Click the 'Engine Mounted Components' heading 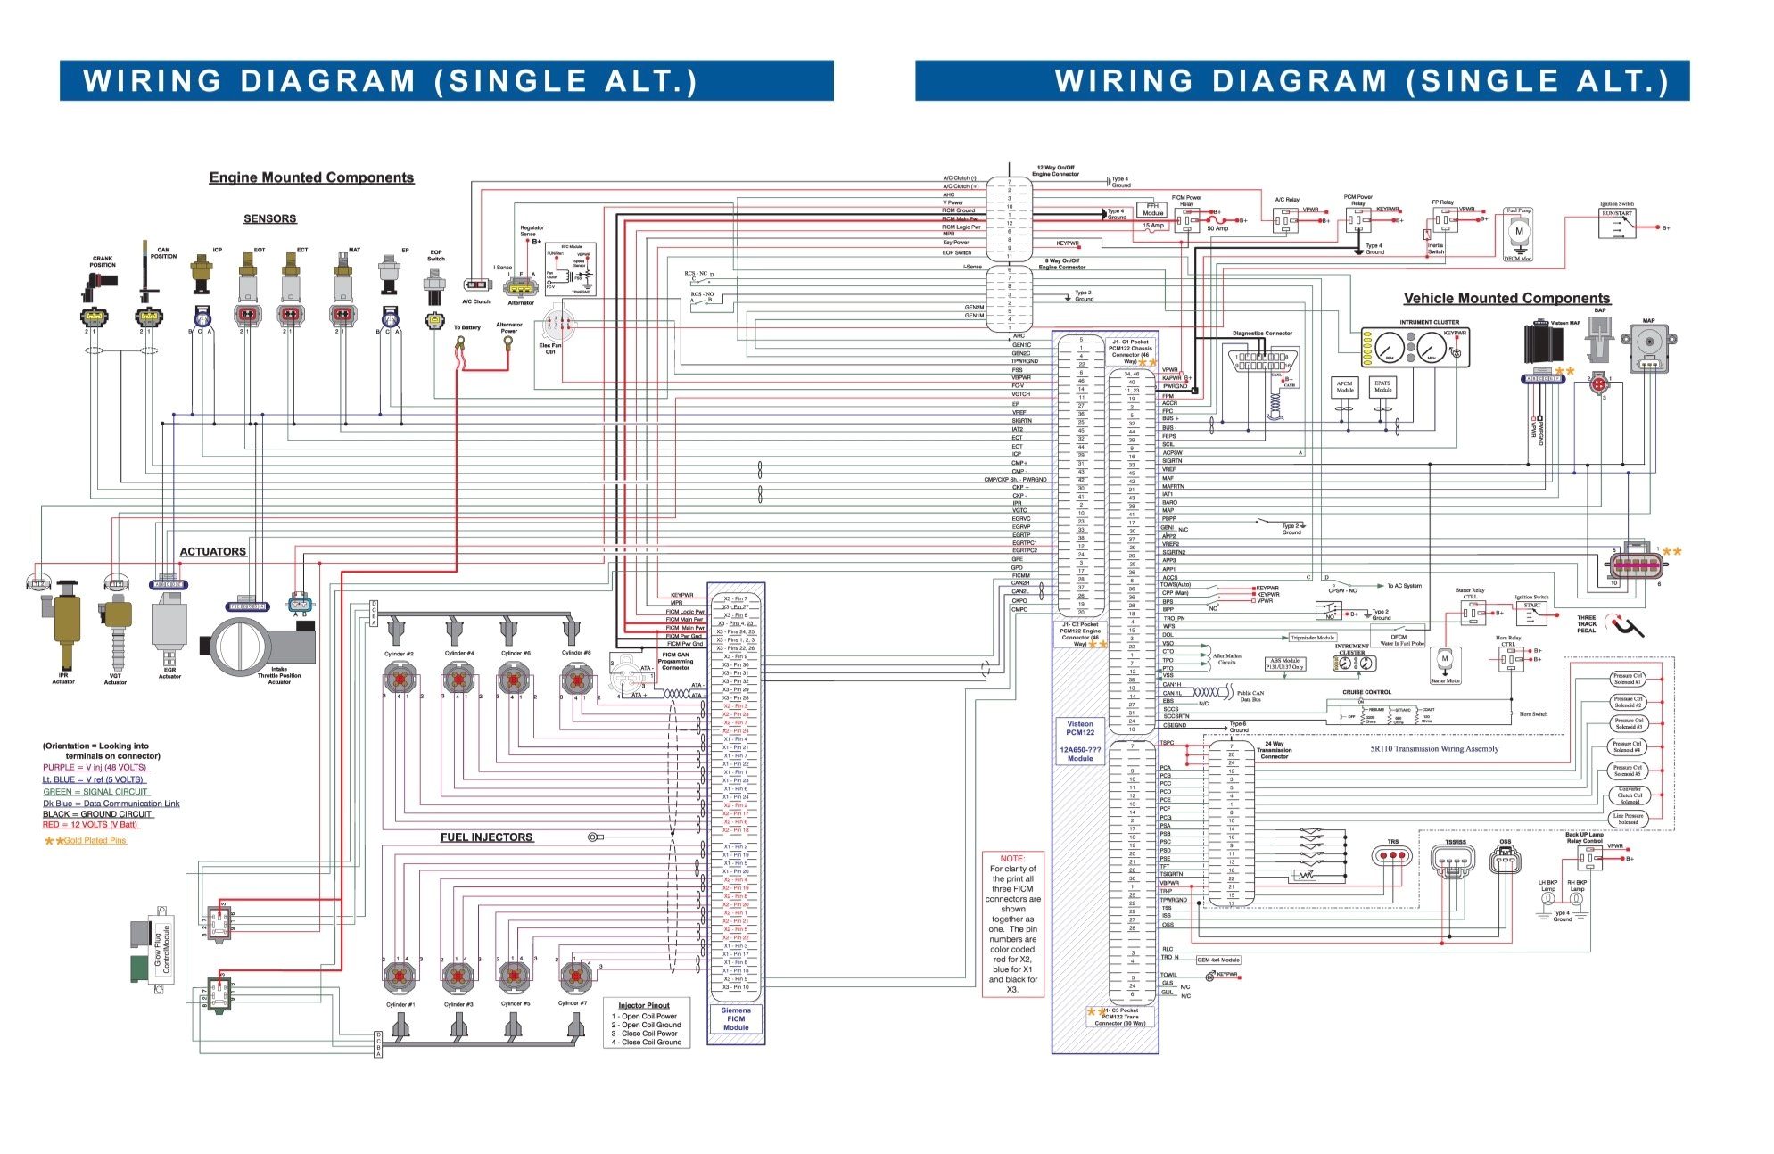coord(311,177)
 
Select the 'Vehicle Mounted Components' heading coord(1506,298)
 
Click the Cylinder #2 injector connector coord(400,680)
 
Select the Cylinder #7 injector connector coord(573,977)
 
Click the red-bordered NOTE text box coord(1012,924)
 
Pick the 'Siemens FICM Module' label coord(736,1018)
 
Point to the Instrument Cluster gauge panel coord(1415,347)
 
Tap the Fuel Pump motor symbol coord(1519,233)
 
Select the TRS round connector coord(1392,855)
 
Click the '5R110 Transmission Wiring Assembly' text coord(1434,749)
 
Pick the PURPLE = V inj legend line coord(95,767)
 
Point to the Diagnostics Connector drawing coord(1261,361)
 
